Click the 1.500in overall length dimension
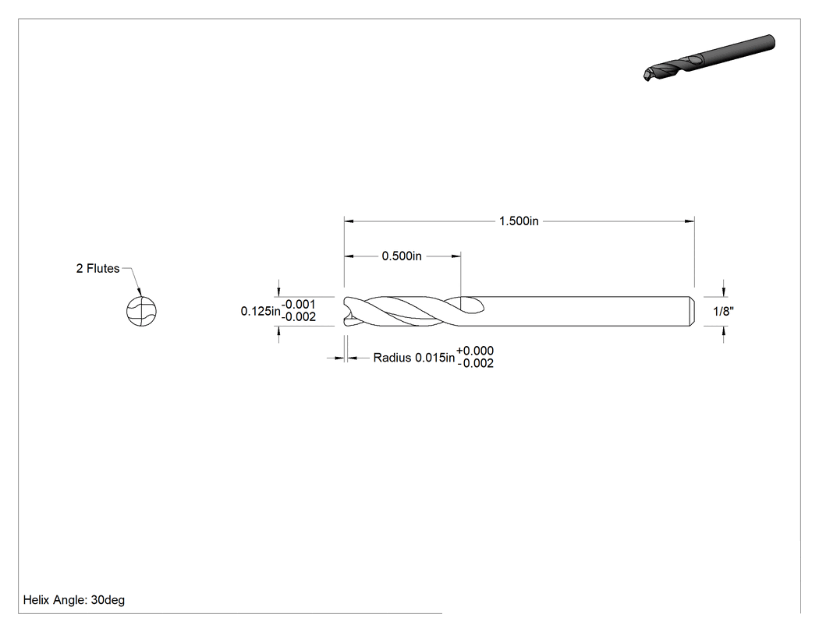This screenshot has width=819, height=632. point(519,221)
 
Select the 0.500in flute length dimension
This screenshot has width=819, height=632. point(402,256)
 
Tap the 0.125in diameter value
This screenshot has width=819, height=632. point(260,311)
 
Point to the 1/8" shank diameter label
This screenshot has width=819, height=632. point(723,312)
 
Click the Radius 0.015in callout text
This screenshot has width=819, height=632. point(413,358)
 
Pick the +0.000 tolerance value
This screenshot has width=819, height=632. point(475,351)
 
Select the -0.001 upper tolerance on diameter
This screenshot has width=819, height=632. point(298,304)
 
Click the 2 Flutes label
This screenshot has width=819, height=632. point(97,268)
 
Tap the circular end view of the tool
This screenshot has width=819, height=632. point(141,312)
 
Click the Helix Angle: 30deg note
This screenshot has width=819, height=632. point(73,600)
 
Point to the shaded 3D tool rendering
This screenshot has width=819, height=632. point(709,58)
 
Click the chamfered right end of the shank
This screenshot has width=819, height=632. point(692,312)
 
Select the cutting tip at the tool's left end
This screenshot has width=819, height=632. point(347,312)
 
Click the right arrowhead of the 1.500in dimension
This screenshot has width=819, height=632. point(690,221)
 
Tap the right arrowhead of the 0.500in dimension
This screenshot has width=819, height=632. point(456,256)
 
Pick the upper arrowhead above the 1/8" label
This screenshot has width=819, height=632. point(723,291)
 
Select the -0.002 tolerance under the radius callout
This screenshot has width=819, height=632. point(475,363)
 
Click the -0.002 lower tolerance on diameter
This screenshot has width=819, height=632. point(298,317)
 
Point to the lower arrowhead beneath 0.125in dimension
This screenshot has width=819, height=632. point(278,332)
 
